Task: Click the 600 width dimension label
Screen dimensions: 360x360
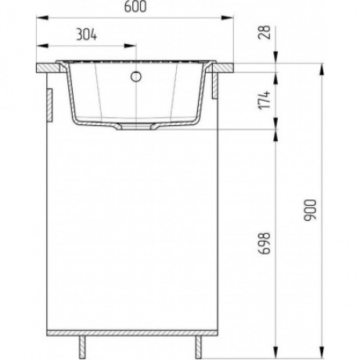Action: tap(135, 7)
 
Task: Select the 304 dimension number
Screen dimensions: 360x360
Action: tap(87, 34)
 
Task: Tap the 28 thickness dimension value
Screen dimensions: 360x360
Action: tap(264, 32)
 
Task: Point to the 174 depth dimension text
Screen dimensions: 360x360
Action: tap(264, 100)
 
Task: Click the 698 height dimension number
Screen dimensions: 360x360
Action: tap(264, 243)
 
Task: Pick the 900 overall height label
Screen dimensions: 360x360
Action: tap(310, 211)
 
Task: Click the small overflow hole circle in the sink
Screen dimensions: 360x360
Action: tap(136, 77)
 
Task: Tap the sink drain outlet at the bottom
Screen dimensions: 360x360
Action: tap(135, 127)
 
